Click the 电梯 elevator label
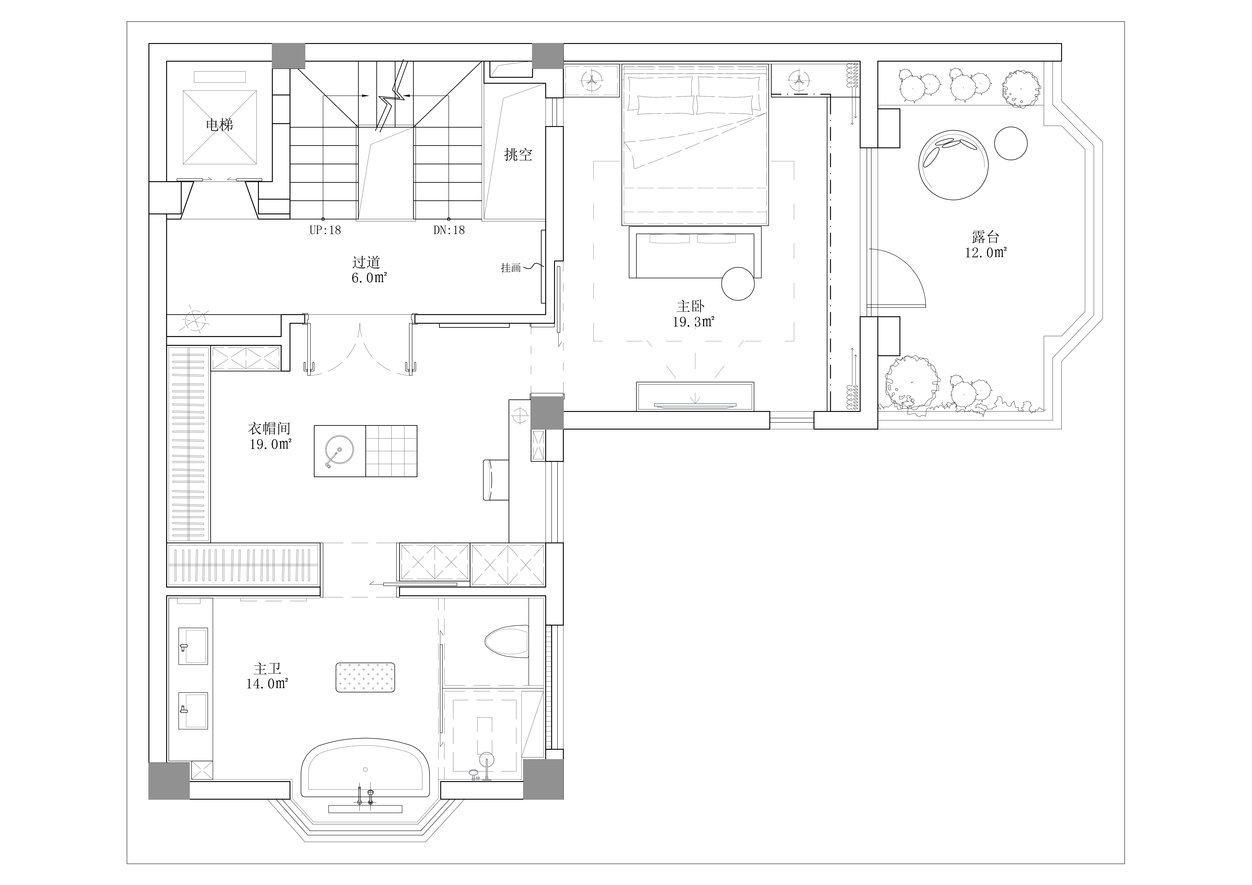click(x=219, y=125)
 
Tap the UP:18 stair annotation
click(x=326, y=230)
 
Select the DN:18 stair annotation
click(x=449, y=230)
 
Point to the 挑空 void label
click(x=518, y=155)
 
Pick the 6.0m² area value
click(x=369, y=278)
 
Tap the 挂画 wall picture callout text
click(x=511, y=268)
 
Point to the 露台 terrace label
click(x=985, y=237)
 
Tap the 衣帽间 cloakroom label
click(x=269, y=428)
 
